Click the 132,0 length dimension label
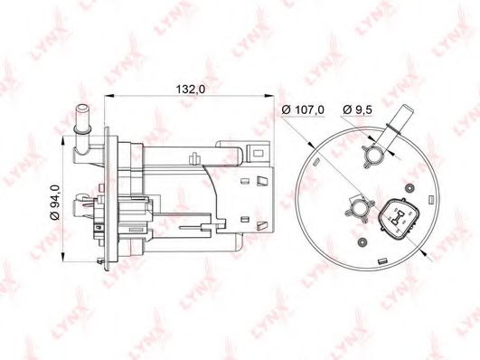pos(191,89)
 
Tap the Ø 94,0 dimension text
pos(55,203)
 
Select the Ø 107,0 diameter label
pos(303,109)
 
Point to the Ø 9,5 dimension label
pos(357,109)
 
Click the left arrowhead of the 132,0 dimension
pos(109,96)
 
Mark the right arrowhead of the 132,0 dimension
pos(269,96)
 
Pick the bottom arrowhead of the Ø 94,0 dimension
pos(63,258)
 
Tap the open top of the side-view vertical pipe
pos(82,108)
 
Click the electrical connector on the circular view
pos(400,219)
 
